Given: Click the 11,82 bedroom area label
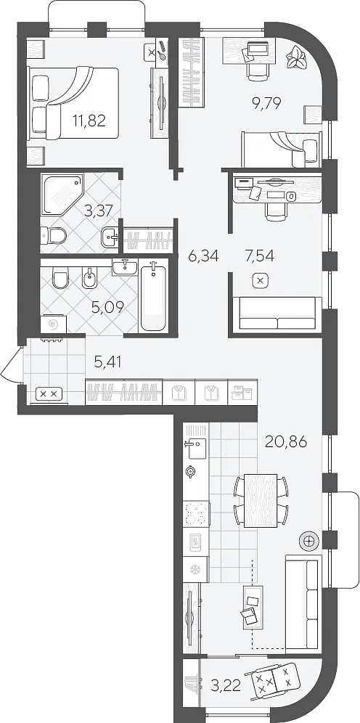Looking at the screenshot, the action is [89, 120].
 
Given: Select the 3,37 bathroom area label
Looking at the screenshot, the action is [99, 211].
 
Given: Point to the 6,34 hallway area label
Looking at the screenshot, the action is [202, 255].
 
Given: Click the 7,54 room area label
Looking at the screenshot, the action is [259, 255].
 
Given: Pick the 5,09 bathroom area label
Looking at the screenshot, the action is [107, 307].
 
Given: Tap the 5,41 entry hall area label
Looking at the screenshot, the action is [107, 362].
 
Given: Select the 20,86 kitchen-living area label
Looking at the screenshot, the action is [286, 442].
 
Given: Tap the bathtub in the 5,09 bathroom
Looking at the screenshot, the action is [153, 295].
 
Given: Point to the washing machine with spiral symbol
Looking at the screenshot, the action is [53, 324].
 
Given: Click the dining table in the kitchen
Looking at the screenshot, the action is [261, 500].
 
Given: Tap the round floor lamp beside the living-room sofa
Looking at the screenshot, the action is [308, 540].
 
